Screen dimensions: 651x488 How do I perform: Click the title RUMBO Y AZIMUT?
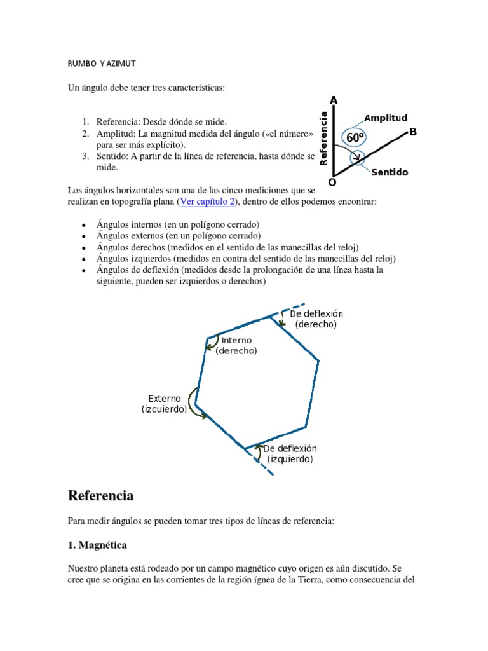tap(102, 64)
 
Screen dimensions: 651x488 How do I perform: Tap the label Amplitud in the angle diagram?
tap(385, 118)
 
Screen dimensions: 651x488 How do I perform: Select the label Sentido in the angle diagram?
tap(390, 172)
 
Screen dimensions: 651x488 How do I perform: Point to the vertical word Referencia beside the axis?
tap(324, 139)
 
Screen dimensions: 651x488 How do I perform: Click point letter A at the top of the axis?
tap(334, 100)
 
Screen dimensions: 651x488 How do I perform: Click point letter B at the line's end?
tap(413, 132)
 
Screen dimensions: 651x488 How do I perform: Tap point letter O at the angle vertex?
tap(330, 182)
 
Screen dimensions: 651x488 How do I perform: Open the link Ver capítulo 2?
tap(207, 202)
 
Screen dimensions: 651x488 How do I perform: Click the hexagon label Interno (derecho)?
tap(236, 346)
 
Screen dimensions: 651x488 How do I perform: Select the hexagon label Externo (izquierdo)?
tap(165, 404)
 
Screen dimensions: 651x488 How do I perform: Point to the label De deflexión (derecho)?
tap(316, 319)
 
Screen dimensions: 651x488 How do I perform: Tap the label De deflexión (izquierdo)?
tap(290, 454)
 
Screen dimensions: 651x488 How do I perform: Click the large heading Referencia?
tap(100, 495)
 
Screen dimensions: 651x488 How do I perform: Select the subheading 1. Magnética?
tap(97, 545)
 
